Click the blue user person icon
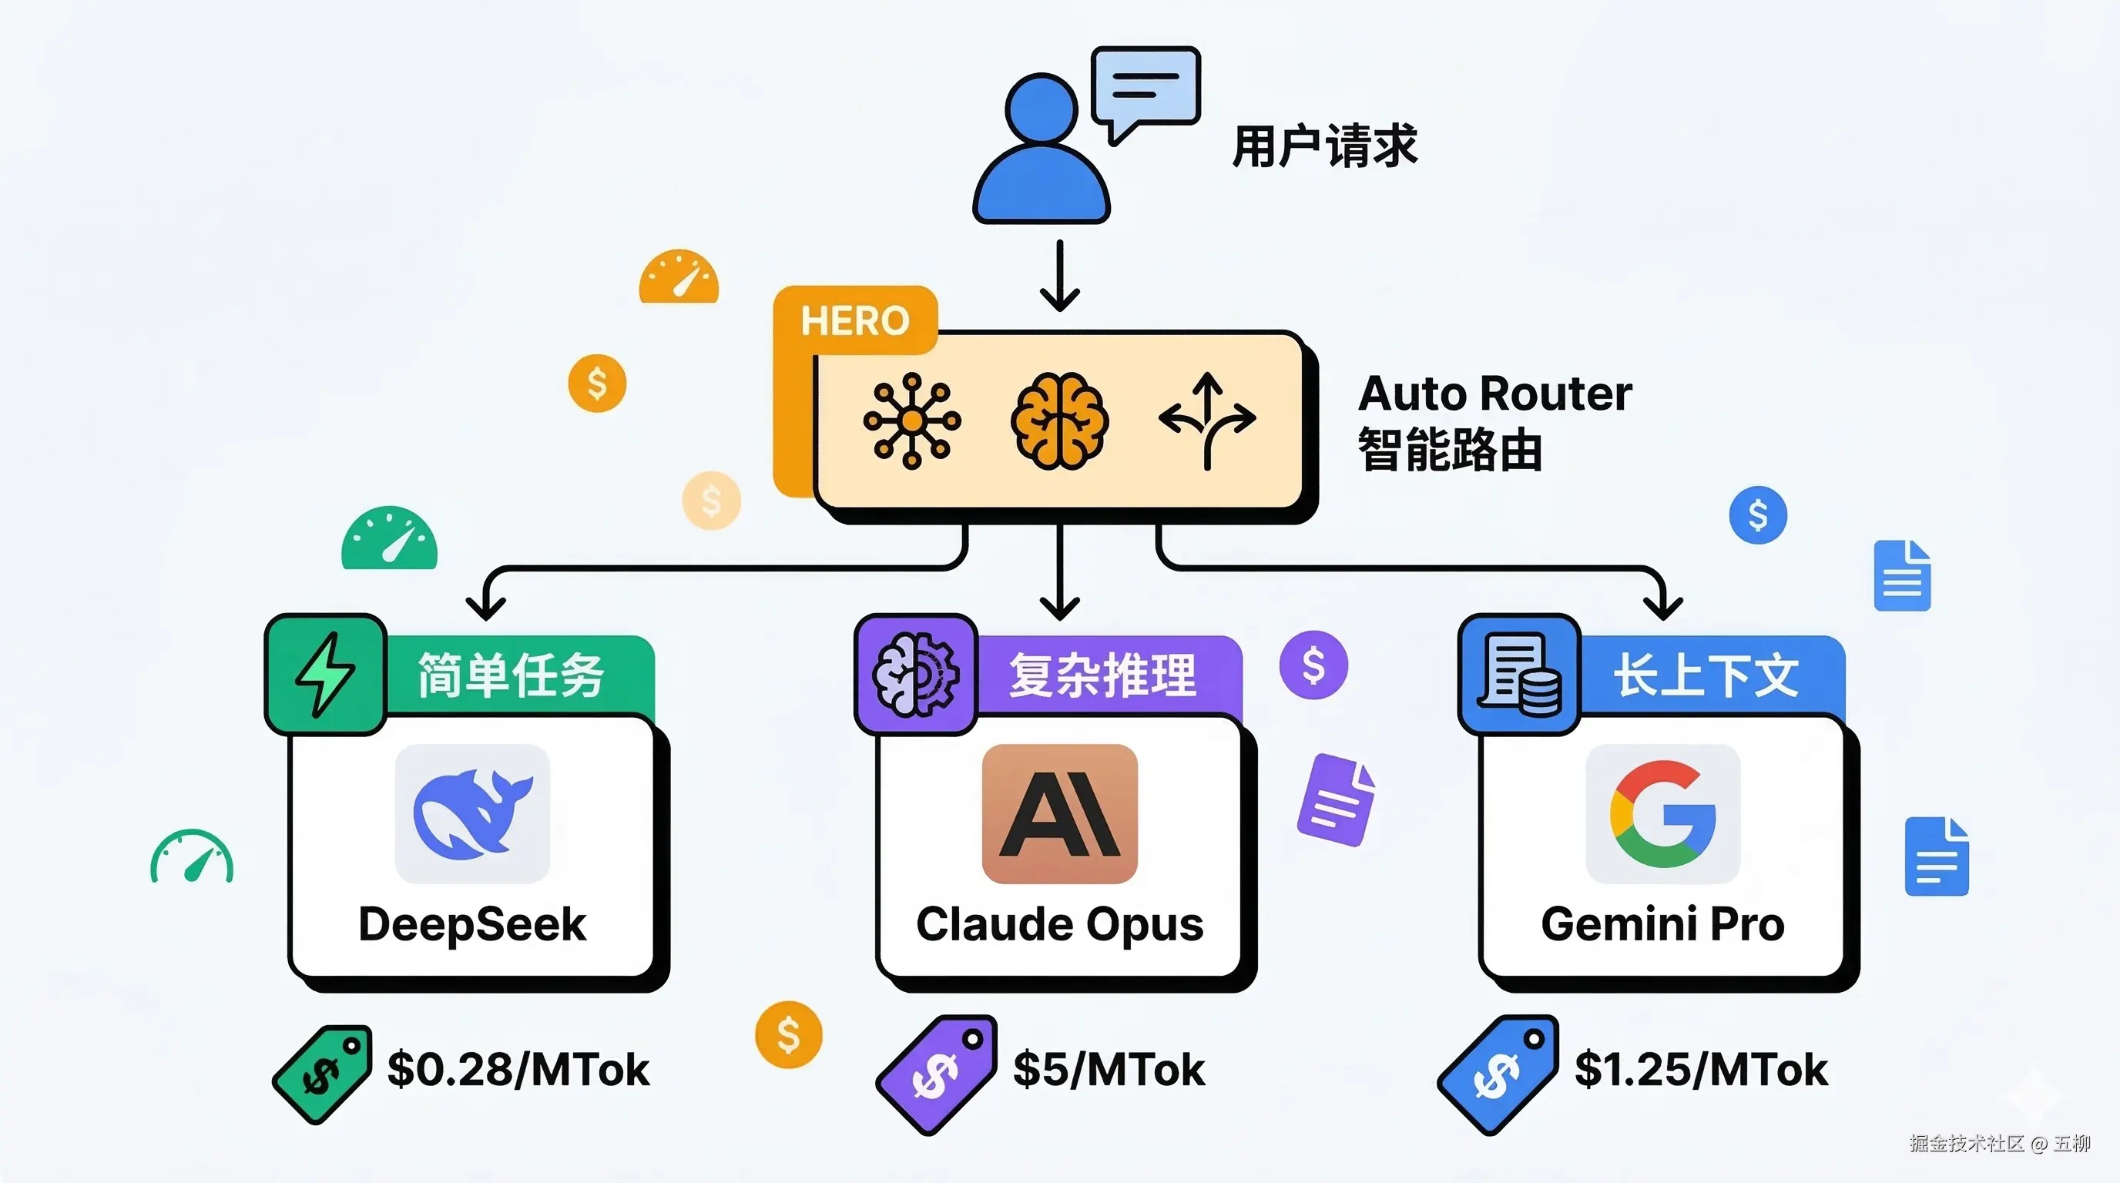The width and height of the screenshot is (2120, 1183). pyautogui.click(x=1041, y=152)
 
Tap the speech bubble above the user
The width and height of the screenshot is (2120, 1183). pyautogui.click(x=1146, y=89)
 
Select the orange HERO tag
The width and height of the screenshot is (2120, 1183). pyautogui.click(x=855, y=320)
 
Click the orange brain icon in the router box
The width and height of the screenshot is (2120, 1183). pyautogui.click(x=1059, y=421)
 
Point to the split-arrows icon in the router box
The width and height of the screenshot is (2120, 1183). pyautogui.click(x=1206, y=420)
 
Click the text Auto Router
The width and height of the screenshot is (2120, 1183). pyautogui.click(x=1494, y=394)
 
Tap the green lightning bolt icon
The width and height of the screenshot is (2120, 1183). pyautogui.click(x=326, y=674)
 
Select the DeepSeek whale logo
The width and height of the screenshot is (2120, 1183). pyautogui.click(x=472, y=813)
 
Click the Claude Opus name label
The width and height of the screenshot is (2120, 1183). pyautogui.click(x=1059, y=924)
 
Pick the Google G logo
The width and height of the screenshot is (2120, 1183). pyautogui.click(x=1662, y=813)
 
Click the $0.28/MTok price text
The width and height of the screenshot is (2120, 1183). pyautogui.click(x=518, y=1070)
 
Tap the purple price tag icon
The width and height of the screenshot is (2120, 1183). pyautogui.click(x=937, y=1074)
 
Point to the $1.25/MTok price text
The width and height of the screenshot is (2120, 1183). pyautogui.click(x=1701, y=1070)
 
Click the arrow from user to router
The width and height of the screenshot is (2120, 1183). pyautogui.click(x=1060, y=276)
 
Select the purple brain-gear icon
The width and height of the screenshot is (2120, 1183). pyautogui.click(x=915, y=674)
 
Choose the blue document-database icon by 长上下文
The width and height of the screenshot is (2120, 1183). pyautogui.click(x=1518, y=674)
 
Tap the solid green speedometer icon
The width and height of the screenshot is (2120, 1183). pyautogui.click(x=389, y=539)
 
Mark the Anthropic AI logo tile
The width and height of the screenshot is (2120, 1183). pyautogui.click(x=1059, y=813)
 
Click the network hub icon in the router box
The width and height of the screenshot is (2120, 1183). pyautogui.click(x=911, y=421)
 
